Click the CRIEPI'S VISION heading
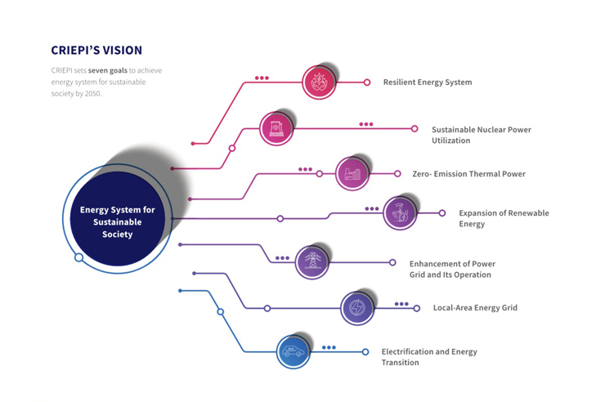[96, 50]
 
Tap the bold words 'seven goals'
[108, 71]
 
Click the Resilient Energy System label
[427, 83]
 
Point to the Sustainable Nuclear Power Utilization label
[481, 135]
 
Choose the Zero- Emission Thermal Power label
[468, 174]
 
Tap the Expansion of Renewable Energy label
[504, 218]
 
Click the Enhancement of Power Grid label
[452, 269]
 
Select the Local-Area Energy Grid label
[475, 308]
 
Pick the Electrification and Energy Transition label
[429, 357]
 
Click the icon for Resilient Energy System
[319, 83]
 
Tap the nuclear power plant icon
[276, 128]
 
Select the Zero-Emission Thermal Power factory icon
[352, 173]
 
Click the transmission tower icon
[311, 262]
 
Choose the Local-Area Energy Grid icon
[356, 308]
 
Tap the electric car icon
[293, 352]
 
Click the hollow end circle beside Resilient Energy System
[367, 83]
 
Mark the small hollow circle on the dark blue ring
[78, 257]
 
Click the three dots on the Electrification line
[329, 347]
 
